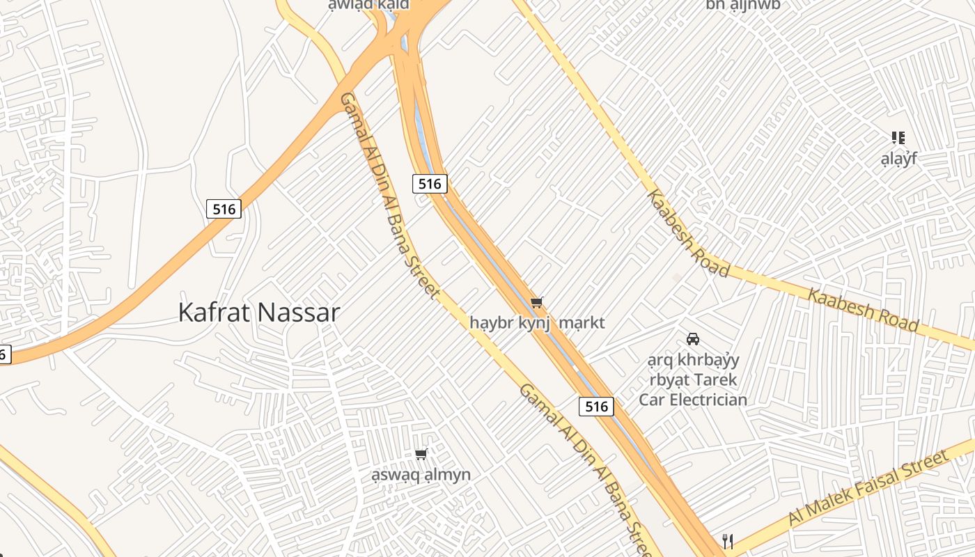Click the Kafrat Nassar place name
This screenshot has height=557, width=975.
259,313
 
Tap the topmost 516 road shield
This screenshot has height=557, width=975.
430,184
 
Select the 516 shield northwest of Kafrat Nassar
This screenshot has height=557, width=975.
224,208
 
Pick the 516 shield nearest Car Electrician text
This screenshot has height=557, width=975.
597,406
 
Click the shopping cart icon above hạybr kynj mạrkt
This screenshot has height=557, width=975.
536,302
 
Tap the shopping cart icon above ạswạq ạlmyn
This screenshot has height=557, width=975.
421,455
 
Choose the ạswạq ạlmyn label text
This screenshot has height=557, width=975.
421,475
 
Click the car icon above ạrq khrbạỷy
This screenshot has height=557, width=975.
693,339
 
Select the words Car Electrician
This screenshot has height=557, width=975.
693,400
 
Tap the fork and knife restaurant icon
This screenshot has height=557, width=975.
728,542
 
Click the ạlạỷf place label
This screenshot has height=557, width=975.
898,159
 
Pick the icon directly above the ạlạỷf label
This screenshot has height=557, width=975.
898,138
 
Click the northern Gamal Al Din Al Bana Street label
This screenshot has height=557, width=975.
389,196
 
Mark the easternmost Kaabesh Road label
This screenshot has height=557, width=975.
863,308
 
